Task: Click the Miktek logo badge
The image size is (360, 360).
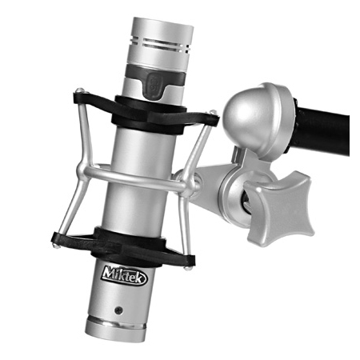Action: (x=124, y=276)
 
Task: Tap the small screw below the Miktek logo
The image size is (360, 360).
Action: (x=118, y=310)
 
